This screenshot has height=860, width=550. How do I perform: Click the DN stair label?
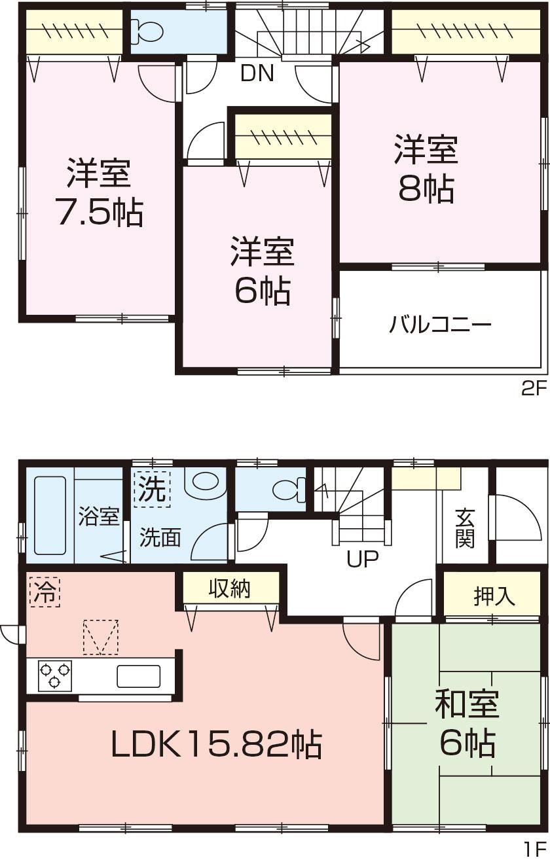pos(257,73)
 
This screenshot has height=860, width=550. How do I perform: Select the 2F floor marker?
pos(533,391)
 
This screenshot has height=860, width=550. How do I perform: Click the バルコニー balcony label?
pos(441,325)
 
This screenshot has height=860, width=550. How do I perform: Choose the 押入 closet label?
pos(494,596)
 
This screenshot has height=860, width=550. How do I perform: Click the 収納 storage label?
pos(230,589)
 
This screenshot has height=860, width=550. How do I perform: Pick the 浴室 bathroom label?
pos(99,517)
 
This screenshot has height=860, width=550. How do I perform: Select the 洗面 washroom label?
pos(159,538)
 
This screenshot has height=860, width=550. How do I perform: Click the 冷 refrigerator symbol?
pos(44,592)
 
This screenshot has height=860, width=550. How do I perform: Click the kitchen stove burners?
pos(54,675)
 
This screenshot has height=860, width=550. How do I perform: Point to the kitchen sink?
pos(138,675)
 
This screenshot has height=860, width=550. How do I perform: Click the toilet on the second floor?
pos(145,30)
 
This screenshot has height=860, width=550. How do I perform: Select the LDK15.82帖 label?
pos(216,744)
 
